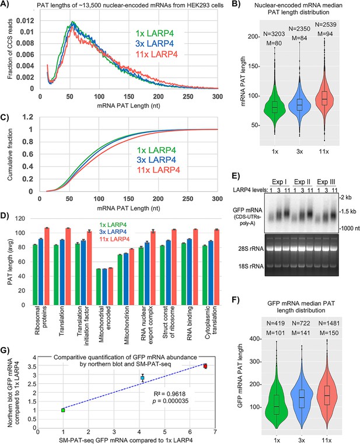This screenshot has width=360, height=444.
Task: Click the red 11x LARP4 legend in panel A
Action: (x=156, y=54)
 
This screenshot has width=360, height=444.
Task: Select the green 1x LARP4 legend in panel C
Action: (x=156, y=151)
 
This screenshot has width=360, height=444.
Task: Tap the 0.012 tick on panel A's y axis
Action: (x=25, y=20)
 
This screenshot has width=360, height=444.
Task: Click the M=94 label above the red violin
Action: (x=325, y=34)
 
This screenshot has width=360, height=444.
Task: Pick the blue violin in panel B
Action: (x=299, y=105)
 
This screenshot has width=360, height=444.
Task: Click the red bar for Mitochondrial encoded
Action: (x=110, y=286)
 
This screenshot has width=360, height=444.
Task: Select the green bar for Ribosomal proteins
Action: (x=35, y=275)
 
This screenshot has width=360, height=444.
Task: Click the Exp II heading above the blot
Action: (x=302, y=181)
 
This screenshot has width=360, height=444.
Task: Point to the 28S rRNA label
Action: (x=251, y=249)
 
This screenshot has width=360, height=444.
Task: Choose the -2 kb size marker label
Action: (x=345, y=197)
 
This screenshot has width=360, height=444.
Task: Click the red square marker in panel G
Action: (x=205, y=366)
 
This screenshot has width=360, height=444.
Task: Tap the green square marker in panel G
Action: (x=63, y=410)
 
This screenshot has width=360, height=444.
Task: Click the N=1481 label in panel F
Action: (x=329, y=323)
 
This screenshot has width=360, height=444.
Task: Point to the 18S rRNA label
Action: (x=251, y=266)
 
